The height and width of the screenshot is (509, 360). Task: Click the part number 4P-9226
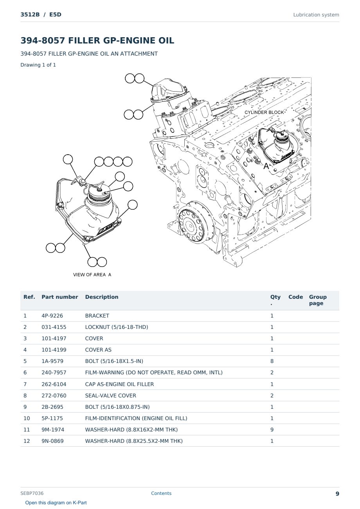pos(52,316)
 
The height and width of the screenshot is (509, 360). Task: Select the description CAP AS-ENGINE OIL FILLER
pos(119,384)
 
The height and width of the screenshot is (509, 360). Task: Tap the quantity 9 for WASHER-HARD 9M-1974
pos(272,430)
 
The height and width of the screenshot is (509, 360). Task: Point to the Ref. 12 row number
pos(27,441)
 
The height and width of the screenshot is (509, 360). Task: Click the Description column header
pos(101,297)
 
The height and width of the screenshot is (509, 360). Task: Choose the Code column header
pos(295,297)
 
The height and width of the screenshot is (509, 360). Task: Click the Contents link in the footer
pos(161,493)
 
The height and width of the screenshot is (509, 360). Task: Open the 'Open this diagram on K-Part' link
pos(56,503)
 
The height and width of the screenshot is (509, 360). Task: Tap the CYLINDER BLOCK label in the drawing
pos(264,112)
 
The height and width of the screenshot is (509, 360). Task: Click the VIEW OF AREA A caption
pos(92,274)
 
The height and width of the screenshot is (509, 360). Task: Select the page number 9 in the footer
pos(337,494)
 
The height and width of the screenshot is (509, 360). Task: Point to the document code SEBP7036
pos(32,493)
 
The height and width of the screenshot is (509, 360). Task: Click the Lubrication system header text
pos(316,15)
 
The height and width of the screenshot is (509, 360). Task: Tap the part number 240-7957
pos(54,372)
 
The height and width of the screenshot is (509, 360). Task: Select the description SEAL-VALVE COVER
pos(111,395)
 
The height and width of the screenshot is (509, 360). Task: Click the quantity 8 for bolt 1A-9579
pos(272,361)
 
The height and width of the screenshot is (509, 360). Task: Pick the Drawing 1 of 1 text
pos(38,65)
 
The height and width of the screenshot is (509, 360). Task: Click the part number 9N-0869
pos(52,441)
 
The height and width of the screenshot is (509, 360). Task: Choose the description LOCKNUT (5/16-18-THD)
pos(117,327)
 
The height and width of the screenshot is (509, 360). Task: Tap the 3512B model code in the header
pos(30,14)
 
